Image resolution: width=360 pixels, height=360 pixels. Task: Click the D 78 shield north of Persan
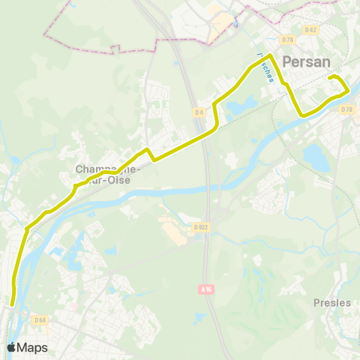287,40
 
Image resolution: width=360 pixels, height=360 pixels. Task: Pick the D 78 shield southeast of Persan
346,109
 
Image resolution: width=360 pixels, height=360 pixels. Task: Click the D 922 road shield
200,226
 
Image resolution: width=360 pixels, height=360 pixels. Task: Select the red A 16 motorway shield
208,289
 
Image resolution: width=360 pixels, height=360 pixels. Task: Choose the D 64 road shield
40,320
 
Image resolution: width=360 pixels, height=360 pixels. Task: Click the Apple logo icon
11,347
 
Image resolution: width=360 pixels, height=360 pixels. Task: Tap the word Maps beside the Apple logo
32,348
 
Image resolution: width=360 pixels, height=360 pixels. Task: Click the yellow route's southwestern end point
13,304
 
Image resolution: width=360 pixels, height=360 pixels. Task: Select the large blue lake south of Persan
316,157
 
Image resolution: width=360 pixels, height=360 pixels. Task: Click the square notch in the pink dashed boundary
115,49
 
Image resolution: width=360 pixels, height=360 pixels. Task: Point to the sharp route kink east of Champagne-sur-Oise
148,150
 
